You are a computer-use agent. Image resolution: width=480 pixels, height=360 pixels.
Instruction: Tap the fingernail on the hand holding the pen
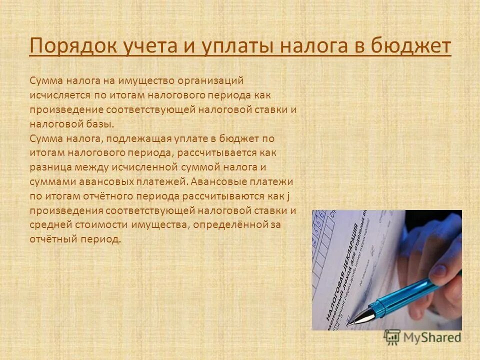[x=438, y=270]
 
